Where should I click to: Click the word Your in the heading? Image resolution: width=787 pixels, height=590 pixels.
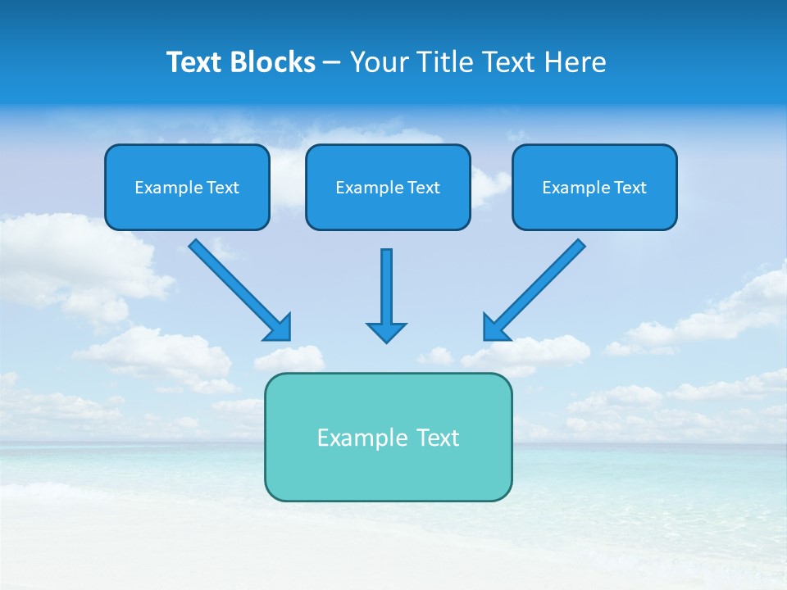tap(380, 62)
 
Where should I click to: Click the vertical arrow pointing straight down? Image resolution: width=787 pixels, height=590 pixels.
tap(386, 287)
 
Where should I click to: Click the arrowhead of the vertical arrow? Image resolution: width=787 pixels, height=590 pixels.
tap(386, 332)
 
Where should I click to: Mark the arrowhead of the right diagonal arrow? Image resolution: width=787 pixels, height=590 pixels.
tap(495, 328)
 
